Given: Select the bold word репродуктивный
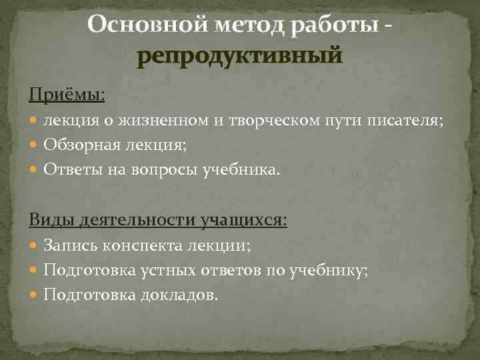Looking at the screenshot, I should (239, 55).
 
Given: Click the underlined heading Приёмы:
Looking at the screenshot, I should (67, 95).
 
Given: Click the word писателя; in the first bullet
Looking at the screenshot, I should (407, 121).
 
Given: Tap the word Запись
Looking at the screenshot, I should (65, 246).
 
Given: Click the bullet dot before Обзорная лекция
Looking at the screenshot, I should (35, 146).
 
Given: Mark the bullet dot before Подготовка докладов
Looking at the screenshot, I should (35, 295).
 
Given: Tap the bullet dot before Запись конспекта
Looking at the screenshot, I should (35, 247).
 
